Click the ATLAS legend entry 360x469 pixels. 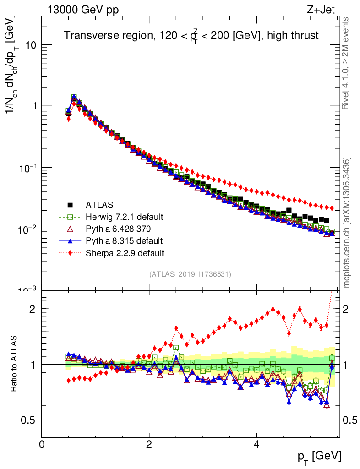pyautogui.click(x=99, y=205)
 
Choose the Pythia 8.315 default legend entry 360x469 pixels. pyautogui.click(x=124, y=240)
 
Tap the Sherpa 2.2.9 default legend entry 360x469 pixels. pyautogui.click(x=125, y=252)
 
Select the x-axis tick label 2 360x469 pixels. pyautogui.click(x=149, y=444)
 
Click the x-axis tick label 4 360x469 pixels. pyautogui.click(x=256, y=444)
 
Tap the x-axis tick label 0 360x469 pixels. pyautogui.click(x=42, y=444)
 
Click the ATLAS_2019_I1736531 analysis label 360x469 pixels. pyautogui.click(x=190, y=274)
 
